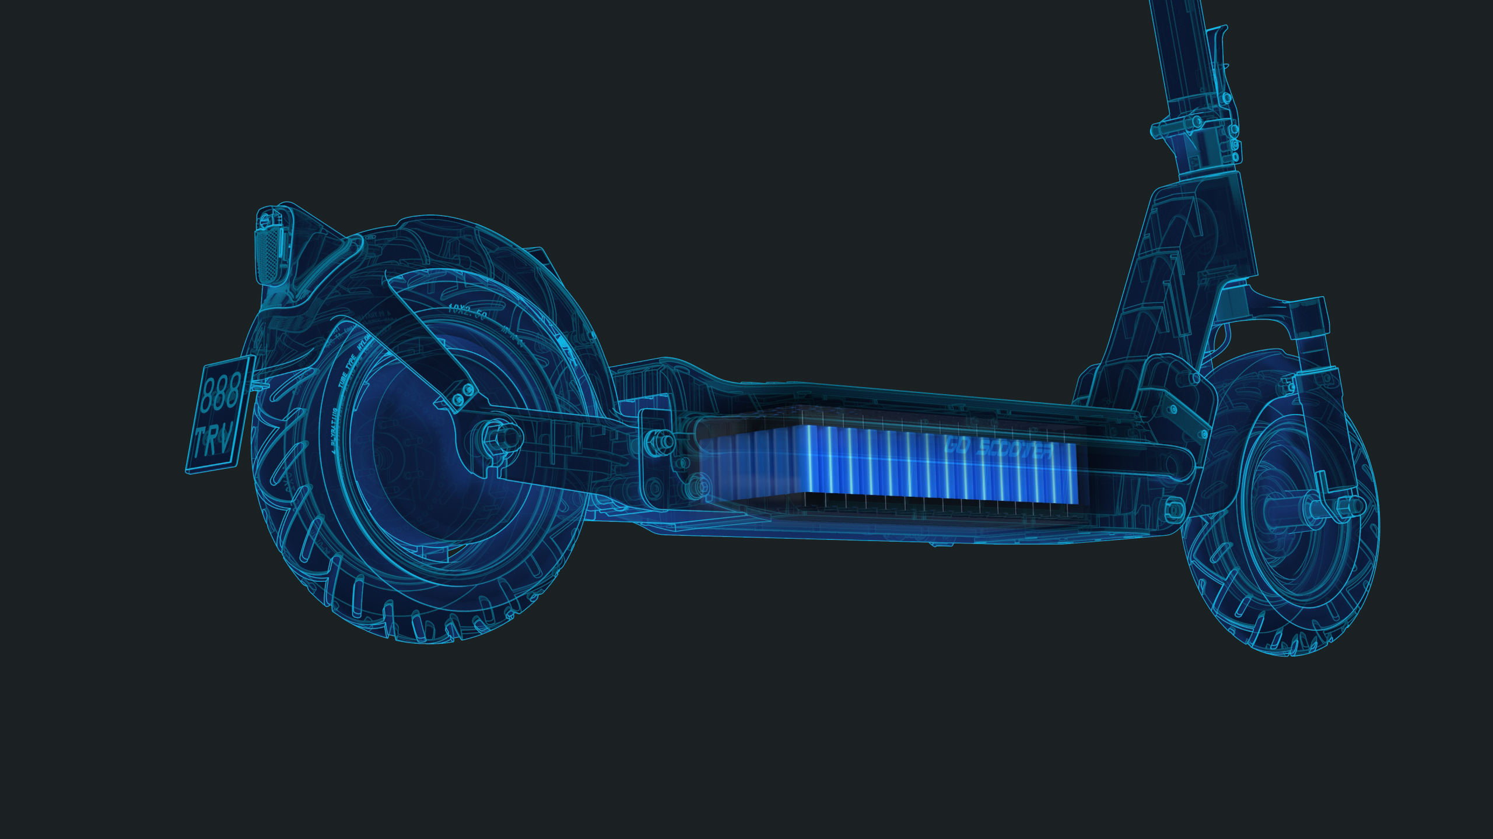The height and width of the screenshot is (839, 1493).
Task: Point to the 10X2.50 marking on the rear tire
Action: click(466, 314)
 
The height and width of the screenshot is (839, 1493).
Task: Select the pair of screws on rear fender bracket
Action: click(462, 394)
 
